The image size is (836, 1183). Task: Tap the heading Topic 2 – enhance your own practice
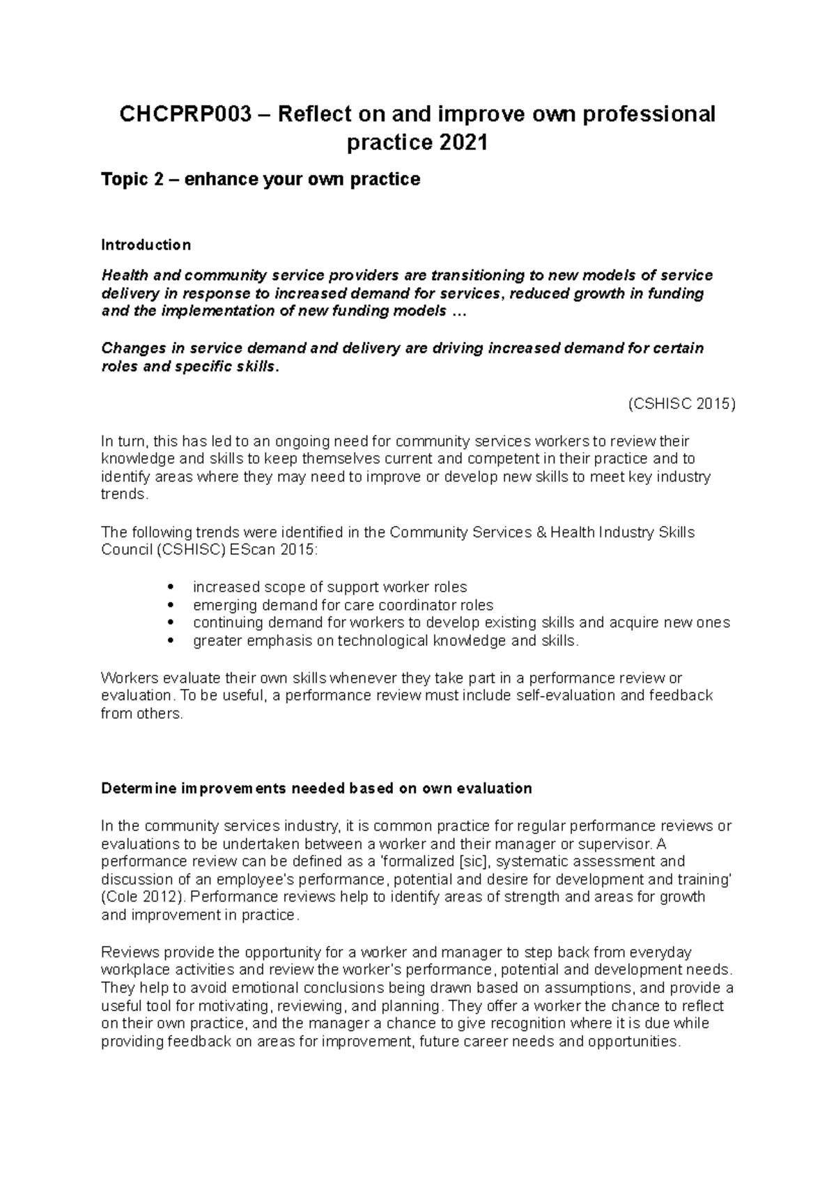tap(261, 180)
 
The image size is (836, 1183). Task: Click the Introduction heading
tap(146, 245)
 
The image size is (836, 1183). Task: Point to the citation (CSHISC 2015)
tap(681, 404)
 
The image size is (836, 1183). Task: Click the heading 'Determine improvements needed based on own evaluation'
tap(316, 789)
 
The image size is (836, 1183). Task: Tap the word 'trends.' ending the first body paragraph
tap(125, 495)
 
